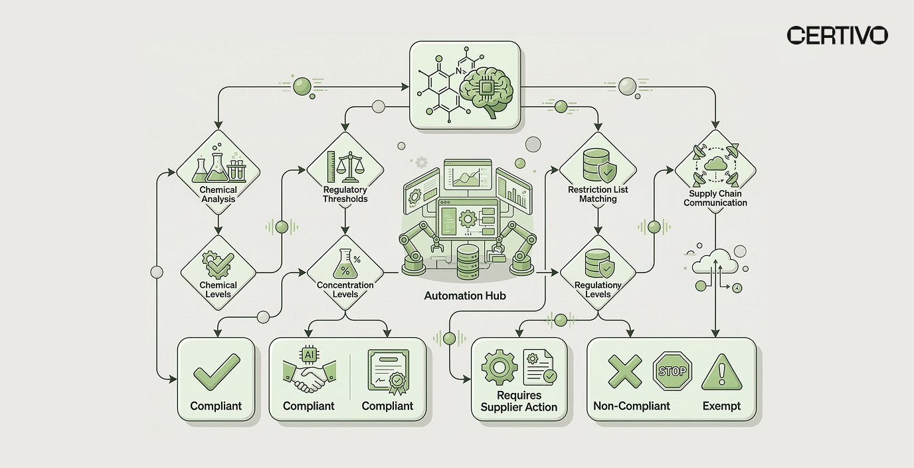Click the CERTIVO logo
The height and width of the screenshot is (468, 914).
[837, 35]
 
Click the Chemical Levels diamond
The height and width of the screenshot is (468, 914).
[218, 273]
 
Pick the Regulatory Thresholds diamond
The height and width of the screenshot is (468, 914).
[345, 173]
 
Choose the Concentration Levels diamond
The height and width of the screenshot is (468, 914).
[345, 273]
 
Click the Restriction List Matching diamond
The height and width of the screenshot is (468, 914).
[598, 173]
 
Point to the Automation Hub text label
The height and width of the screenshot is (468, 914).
[465, 296]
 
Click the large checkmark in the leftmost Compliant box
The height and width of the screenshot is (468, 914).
[216, 371]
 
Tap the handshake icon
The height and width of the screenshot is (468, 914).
[308, 374]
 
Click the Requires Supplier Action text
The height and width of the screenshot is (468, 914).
[519, 402]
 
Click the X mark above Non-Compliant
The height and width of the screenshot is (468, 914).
[625, 371]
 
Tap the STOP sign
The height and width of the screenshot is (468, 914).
[672, 371]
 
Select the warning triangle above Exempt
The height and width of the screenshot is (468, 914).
[721, 371]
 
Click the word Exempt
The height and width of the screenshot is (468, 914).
[721, 406]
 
